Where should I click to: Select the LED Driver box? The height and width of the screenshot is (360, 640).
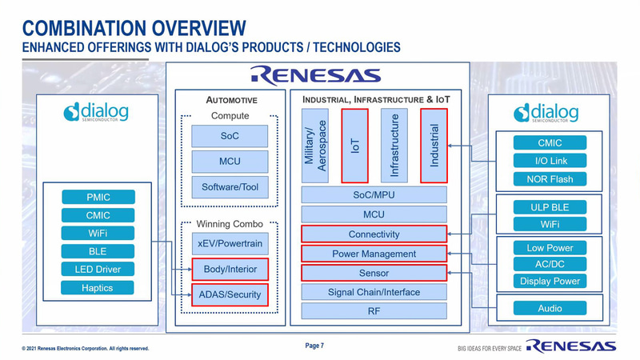click(x=98, y=270)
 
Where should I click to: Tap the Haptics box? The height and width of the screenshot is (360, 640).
click(x=98, y=288)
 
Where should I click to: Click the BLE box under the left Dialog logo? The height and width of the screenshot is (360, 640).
click(x=98, y=251)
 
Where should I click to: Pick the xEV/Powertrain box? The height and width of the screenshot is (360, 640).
click(x=230, y=243)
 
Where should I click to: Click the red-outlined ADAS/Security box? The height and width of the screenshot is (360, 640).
click(x=230, y=294)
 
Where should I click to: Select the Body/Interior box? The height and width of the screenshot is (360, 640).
click(x=230, y=270)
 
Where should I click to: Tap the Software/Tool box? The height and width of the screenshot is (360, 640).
click(x=230, y=187)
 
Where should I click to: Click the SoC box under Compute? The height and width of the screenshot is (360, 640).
click(x=230, y=136)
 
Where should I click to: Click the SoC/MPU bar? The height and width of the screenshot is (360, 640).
click(x=374, y=195)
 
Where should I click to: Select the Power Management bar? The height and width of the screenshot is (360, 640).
click(x=374, y=254)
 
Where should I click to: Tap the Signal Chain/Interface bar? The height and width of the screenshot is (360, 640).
click(x=374, y=292)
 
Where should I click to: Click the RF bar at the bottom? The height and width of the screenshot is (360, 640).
click(x=374, y=311)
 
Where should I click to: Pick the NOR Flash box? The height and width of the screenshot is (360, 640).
click(x=550, y=179)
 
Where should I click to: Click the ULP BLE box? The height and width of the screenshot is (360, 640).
click(x=550, y=207)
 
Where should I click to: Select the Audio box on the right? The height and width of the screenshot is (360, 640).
click(x=550, y=308)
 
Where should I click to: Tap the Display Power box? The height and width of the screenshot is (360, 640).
click(x=550, y=281)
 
